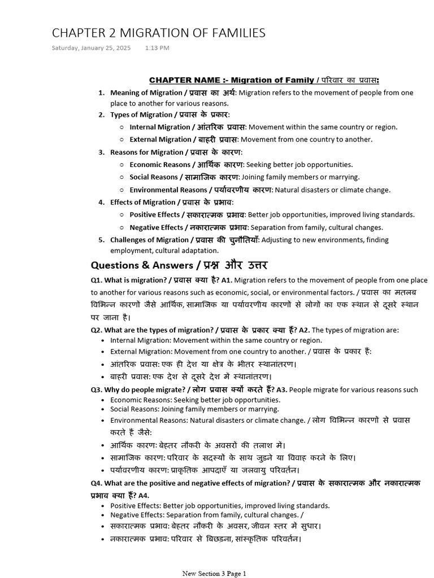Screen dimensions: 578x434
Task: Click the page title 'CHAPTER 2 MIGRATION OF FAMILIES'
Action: [158, 33]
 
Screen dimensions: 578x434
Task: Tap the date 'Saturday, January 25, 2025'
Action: [91, 48]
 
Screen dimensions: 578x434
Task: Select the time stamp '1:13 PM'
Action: [157, 48]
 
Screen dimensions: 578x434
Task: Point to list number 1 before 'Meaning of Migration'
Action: [102, 93]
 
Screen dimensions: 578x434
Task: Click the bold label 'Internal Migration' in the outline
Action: [160, 127]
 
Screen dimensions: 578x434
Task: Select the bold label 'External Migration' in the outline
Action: [160, 139]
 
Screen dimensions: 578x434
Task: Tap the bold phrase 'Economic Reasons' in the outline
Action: [160, 165]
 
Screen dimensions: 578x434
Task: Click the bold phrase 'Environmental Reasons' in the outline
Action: [168, 190]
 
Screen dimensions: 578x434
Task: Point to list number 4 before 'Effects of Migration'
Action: [102, 202]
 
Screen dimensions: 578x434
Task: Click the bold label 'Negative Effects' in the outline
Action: [157, 227]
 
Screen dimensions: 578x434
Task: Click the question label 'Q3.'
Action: [97, 389]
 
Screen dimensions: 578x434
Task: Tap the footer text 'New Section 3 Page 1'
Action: [214, 573]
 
